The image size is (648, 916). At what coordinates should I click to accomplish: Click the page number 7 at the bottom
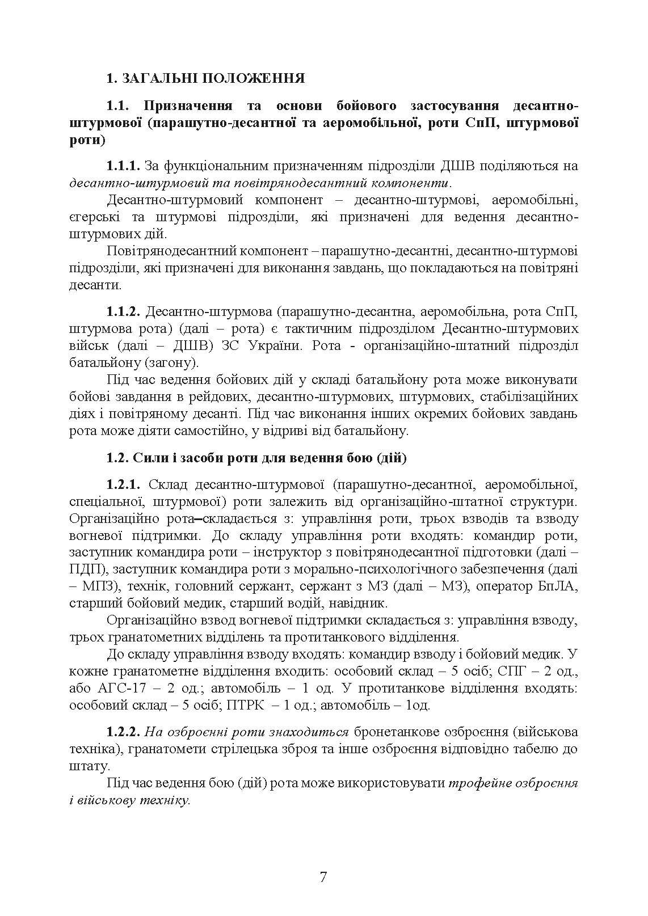tap(323, 877)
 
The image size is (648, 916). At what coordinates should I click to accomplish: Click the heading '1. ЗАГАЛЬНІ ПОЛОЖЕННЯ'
tap(205, 78)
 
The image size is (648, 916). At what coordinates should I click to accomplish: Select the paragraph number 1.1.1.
tap(123, 166)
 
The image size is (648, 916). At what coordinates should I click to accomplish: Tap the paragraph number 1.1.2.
tap(123, 311)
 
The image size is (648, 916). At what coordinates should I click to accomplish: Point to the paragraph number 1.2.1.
tap(123, 484)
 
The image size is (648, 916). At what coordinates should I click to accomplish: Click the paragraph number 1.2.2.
tap(123, 732)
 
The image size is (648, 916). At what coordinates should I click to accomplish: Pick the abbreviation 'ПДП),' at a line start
tap(87, 569)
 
